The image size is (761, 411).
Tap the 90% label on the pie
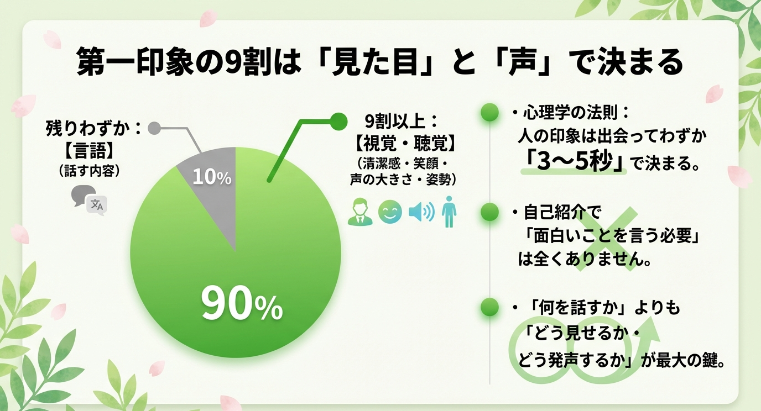241,304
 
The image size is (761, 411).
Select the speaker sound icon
421,212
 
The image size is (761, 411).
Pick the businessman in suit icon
360,212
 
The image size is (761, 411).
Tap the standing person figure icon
450,213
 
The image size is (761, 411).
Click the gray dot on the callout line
155,129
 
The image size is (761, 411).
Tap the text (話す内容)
90,170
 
